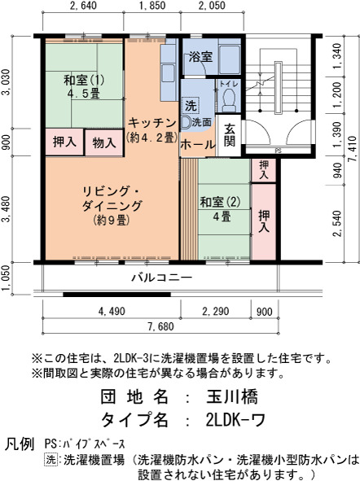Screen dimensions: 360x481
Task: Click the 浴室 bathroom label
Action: click(200, 57)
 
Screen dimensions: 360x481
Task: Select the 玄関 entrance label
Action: click(229, 135)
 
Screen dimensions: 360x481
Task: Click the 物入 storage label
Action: click(104, 142)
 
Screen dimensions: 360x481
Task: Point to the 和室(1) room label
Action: click(84, 81)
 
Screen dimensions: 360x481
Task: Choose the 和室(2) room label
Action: click(221, 202)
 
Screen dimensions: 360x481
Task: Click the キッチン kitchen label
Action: click(152, 123)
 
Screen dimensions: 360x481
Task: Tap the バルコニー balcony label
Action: click(162, 278)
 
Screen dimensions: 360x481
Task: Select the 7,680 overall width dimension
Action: click(160, 326)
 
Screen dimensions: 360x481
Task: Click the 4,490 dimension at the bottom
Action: click(112, 312)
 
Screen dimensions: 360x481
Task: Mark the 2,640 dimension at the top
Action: click(83, 6)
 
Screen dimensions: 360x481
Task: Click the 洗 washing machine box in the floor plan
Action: click(191, 106)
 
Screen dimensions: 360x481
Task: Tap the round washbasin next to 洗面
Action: click(186, 123)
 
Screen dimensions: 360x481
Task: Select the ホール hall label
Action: click(198, 144)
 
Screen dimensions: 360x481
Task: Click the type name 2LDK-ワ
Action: click(235, 419)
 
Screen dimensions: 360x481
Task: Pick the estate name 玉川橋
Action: click(232, 396)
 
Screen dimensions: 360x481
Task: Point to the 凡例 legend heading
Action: click(20, 444)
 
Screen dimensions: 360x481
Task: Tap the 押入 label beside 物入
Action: click(64, 142)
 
